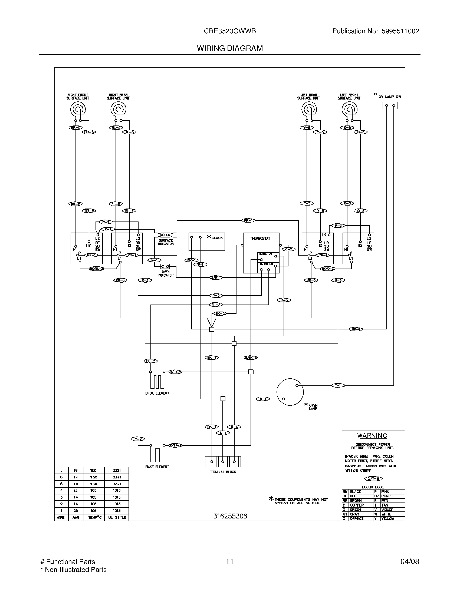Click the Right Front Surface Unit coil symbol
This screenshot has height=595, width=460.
pyautogui.click(x=78, y=110)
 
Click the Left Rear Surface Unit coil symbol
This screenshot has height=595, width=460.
pyautogui.click(x=309, y=110)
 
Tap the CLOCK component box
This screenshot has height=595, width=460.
pyautogui.click(x=206, y=241)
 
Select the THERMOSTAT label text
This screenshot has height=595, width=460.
pyautogui.click(x=260, y=238)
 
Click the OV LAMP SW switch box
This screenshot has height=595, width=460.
pyautogui.click(x=390, y=105)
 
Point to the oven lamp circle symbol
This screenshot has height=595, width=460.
pyautogui.click(x=290, y=392)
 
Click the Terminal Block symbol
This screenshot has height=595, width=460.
pyautogui.click(x=223, y=461)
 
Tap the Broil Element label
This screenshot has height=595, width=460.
pyautogui.click(x=157, y=393)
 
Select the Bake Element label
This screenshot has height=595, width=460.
pyautogui.click(x=157, y=467)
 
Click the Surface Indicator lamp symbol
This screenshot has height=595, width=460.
pyautogui.click(x=165, y=234)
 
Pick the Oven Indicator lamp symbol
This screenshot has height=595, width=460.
pyautogui.click(x=165, y=266)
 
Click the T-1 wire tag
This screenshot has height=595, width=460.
pyautogui.click(x=338, y=385)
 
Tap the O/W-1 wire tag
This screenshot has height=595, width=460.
pyautogui.click(x=216, y=277)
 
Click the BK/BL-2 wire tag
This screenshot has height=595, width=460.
pyautogui.click(x=97, y=269)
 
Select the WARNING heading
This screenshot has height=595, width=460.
pyautogui.click(x=372, y=436)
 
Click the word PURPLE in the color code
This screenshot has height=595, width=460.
pyautogui.click(x=387, y=496)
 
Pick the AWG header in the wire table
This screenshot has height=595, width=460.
pyautogui.click(x=76, y=517)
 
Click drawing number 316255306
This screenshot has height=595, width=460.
pyautogui.click(x=230, y=516)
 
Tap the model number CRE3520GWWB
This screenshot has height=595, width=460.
pyautogui.click(x=230, y=31)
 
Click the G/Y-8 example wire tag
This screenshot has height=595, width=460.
pyautogui.click(x=373, y=479)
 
